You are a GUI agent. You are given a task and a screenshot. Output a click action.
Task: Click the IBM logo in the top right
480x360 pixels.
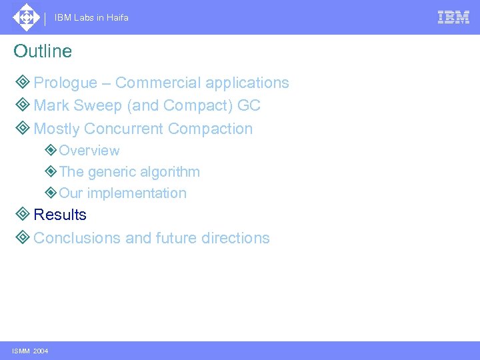pyautogui.click(x=453, y=17)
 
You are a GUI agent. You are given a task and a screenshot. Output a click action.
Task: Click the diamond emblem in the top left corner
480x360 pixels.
pyautogui.click(x=26, y=17)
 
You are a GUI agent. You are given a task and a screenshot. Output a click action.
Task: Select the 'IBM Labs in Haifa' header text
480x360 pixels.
pyautogui.click(x=91, y=18)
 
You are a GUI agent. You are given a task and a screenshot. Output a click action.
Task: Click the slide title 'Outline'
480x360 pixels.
pyautogui.click(x=43, y=51)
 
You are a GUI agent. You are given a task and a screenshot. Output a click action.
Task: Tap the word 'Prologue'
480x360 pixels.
pyautogui.click(x=65, y=83)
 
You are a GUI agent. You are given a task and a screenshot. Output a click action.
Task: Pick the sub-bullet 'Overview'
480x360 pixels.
pyautogui.click(x=89, y=151)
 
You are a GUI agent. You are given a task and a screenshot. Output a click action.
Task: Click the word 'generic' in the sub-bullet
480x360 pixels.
pyautogui.click(x=110, y=172)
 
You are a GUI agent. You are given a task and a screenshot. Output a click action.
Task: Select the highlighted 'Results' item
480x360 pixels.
pyautogui.click(x=60, y=215)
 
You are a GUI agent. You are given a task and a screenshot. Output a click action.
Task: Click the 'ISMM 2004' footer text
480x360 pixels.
pyautogui.click(x=30, y=351)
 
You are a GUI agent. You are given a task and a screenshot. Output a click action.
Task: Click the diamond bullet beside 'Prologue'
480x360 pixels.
pyautogui.click(x=22, y=83)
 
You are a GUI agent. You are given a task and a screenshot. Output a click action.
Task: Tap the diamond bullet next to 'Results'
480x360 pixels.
pyautogui.click(x=22, y=215)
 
